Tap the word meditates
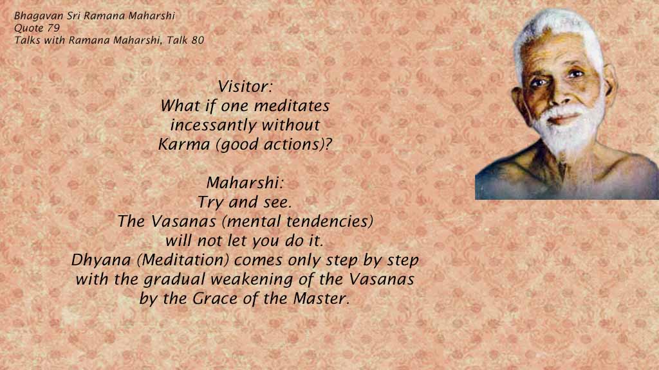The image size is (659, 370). [x=292, y=106]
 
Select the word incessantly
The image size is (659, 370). [x=212, y=125]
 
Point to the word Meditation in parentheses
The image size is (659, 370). [x=183, y=260]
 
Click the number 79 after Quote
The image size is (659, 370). [x=53, y=28]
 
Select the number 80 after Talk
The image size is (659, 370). [x=198, y=40]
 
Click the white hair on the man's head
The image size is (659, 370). [x=554, y=30]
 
